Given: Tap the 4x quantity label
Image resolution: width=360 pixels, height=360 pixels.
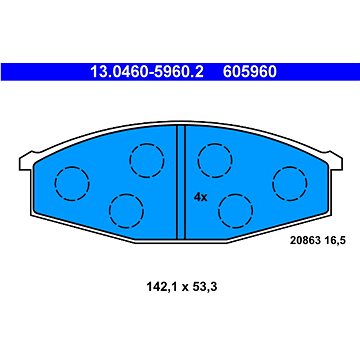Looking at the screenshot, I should [200, 197].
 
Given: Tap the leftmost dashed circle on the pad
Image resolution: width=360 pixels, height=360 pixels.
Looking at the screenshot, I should [70, 181].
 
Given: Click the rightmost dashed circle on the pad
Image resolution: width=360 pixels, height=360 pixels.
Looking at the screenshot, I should [290, 181].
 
